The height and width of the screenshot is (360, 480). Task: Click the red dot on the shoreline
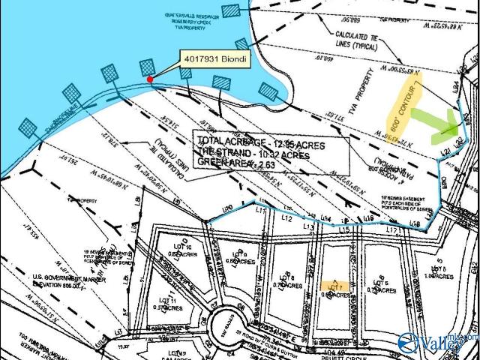tap(150, 79)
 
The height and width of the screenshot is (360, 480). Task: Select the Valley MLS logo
tap(438, 344)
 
